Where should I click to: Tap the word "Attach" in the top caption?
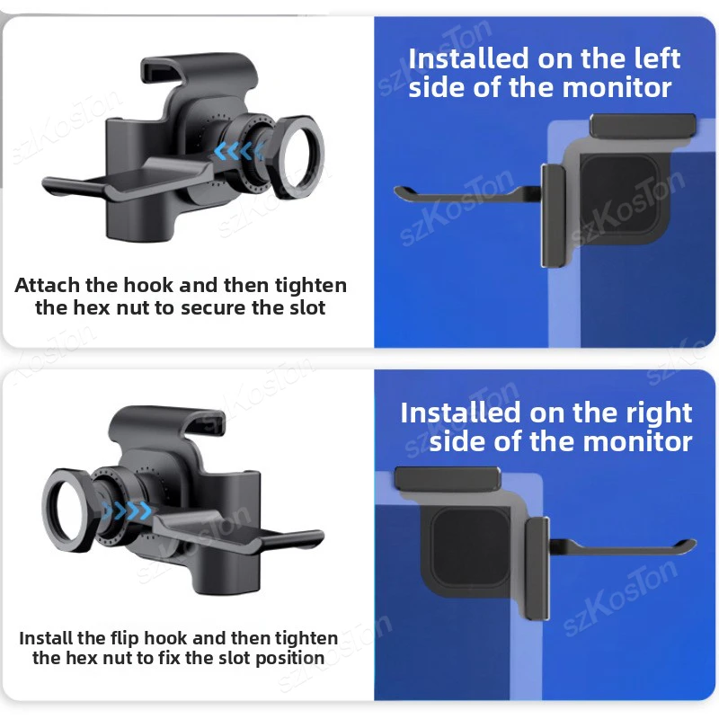click(x=47, y=285)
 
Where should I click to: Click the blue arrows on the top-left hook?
click(x=239, y=150)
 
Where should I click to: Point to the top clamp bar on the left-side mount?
click(x=643, y=126)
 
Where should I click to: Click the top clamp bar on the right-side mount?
click(x=448, y=479)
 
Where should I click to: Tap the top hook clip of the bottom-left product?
click(x=167, y=418)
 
